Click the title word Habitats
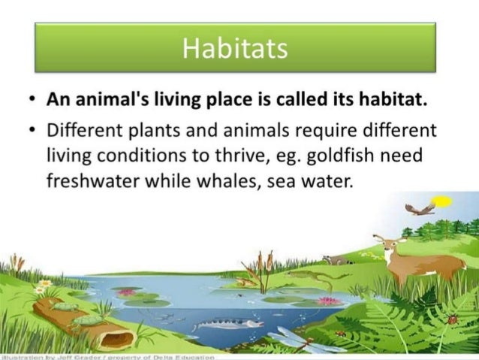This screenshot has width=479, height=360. [x=235, y=49]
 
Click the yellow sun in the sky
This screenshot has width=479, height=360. [x=443, y=201]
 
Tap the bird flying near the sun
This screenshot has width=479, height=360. [x=419, y=208]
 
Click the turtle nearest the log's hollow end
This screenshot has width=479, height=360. [x=89, y=320]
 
